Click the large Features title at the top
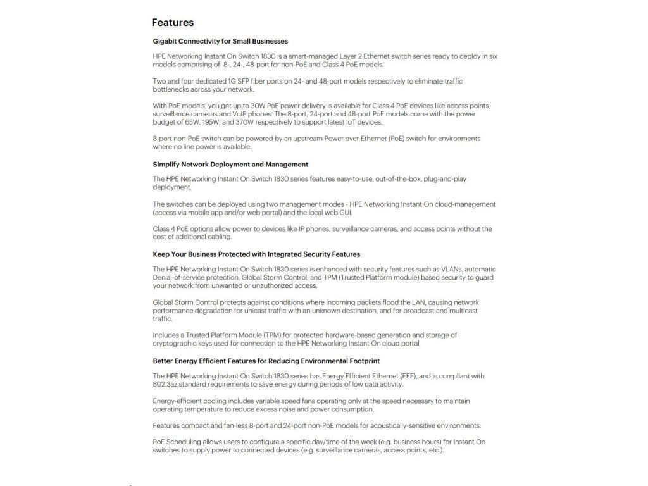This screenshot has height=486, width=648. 172,23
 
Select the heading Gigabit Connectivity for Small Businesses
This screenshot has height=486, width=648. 220,41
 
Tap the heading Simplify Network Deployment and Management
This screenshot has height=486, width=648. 230,164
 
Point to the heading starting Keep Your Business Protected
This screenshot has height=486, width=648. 256,254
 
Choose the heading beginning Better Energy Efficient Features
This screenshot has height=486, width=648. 266,361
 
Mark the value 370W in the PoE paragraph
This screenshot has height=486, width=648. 251,122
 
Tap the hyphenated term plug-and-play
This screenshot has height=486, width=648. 445,179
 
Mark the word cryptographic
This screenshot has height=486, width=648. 175,343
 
